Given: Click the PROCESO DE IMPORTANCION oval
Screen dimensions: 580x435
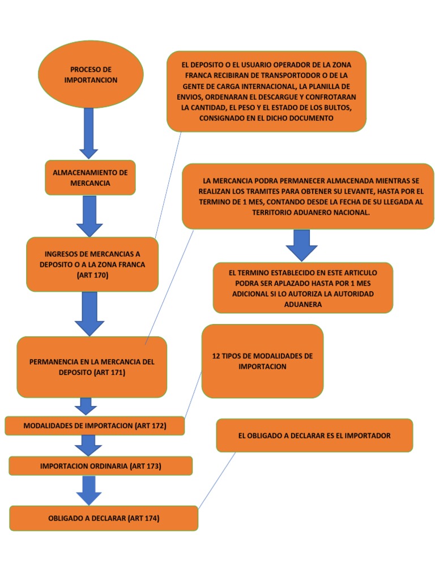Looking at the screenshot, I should point(91,75).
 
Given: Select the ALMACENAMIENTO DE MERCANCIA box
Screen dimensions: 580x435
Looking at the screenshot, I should point(90,177).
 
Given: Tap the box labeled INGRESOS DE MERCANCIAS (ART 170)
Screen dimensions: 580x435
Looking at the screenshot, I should point(92,265).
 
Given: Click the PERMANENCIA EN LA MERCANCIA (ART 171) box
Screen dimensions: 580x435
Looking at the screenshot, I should point(92,367).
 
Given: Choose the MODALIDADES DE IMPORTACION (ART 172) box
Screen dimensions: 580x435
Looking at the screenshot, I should point(95,425).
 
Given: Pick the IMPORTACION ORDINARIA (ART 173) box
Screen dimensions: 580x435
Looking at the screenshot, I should point(101,466).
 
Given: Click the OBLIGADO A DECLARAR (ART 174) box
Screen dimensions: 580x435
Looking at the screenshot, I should point(104,518).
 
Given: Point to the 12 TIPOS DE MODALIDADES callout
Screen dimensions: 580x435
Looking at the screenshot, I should point(262,361).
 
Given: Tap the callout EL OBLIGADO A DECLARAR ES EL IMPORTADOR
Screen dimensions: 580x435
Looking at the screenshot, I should point(314,436).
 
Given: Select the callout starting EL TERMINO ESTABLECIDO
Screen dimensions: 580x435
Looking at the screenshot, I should point(302,288).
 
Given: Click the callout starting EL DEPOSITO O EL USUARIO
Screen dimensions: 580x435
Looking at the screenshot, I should point(266,91).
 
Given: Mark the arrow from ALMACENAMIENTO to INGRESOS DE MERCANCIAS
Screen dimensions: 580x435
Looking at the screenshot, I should point(89,215).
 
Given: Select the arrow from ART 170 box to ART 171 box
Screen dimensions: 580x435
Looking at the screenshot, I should point(89,313).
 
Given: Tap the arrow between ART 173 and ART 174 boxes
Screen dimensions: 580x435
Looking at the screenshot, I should point(89,490).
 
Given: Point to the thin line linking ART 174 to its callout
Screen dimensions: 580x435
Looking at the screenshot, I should point(217,479).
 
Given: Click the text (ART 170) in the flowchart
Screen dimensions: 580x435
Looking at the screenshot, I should point(92,275).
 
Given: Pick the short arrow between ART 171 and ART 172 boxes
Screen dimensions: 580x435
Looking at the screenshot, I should point(86,406).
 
